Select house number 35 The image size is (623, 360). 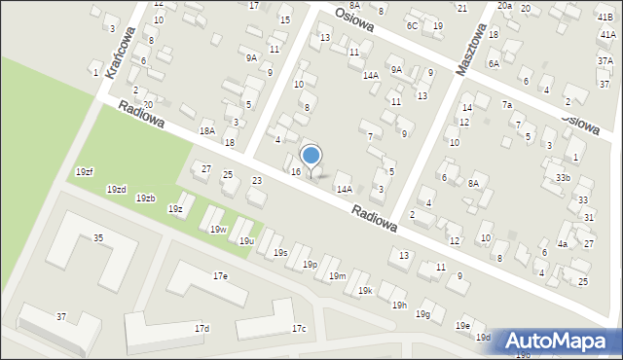[x=98, y=237]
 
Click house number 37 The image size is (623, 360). [x=61, y=317]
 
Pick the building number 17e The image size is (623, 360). [x=221, y=276]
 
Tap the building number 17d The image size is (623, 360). [x=202, y=329]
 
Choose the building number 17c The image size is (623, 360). [x=299, y=329]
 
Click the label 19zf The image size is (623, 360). [x=85, y=172]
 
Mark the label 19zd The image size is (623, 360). [x=117, y=189]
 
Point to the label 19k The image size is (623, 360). [x=364, y=290]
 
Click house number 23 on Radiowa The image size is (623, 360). [x=257, y=181]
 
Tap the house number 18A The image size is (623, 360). [x=206, y=131]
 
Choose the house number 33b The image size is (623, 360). [x=564, y=178]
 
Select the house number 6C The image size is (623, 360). [x=413, y=25]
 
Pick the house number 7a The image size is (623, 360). [x=506, y=104]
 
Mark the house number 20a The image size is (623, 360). [x=504, y=6]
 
